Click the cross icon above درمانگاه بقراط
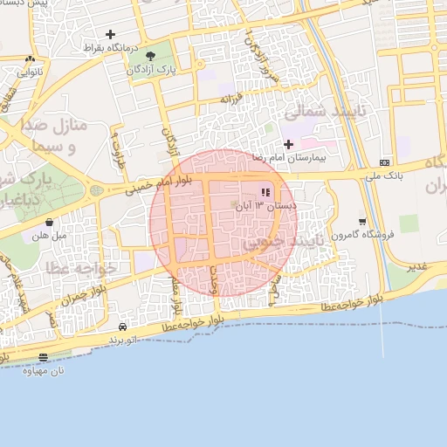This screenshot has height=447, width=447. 110,34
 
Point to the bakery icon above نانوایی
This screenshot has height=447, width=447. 31,59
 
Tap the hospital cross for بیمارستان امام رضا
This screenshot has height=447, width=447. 289,144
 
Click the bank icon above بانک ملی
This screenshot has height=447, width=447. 385,163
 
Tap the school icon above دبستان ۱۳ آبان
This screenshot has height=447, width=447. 265,192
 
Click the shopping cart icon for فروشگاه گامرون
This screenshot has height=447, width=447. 362,222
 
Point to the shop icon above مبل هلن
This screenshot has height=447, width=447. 48,222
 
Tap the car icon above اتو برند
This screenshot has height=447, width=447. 122,326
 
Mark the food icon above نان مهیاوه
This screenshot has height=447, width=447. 44,356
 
